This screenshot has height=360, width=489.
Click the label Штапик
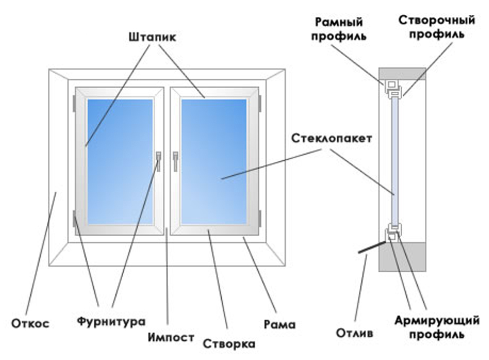[x=151, y=37]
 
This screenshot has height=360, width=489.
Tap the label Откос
[x=30, y=324]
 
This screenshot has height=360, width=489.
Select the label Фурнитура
[x=111, y=322]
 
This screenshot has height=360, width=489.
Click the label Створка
[x=229, y=343]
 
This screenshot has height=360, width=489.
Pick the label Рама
[x=279, y=324]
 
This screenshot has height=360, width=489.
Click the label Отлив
[x=352, y=334]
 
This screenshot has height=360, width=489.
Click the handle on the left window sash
[x=158, y=161]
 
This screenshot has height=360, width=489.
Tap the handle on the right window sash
[x=175, y=161]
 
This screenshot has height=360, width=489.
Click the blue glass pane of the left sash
[x=120, y=162]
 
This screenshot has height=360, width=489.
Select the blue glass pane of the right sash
[x=213, y=162]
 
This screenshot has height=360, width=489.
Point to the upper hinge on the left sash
[x=74, y=103]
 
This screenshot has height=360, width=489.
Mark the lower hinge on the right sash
[x=260, y=217]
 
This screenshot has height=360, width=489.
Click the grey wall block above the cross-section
[x=402, y=74]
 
